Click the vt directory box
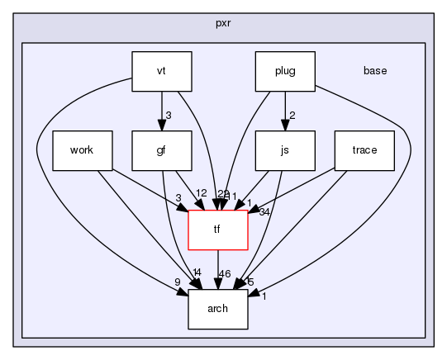tap(162, 71)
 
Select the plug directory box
tap(285, 71)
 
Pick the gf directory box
tap(162, 150)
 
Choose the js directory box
tap(285, 150)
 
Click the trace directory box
tap(364, 150)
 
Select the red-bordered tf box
tap(218, 230)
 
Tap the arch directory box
tap(218, 309)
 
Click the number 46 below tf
tap(224, 272)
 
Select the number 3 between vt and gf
tap(168, 115)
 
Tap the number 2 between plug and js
tap(291, 115)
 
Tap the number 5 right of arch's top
tap(250, 282)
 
